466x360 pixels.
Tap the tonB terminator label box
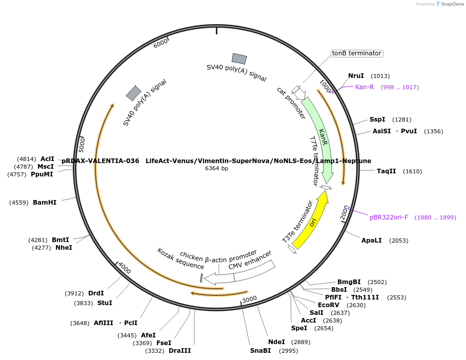[357, 53]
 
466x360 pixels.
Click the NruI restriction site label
[356, 76]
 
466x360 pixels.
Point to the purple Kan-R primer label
[364, 87]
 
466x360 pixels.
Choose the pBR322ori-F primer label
[389, 217]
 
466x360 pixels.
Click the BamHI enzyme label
[45, 203]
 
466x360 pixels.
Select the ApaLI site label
[372, 240]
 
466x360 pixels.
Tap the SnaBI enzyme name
[260, 350]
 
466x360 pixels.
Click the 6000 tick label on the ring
[160, 43]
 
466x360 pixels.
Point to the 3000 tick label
[249, 299]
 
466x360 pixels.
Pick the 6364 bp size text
[216, 168]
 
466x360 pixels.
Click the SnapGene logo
[450, 4]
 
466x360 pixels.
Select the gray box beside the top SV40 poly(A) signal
[239, 58]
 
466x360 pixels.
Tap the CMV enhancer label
[250, 260]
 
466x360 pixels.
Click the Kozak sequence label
[180, 258]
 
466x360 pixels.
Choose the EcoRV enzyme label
[329, 305]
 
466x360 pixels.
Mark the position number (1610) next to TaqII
[413, 171]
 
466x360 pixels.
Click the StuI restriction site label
[105, 303]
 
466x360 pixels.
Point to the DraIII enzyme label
[179, 350]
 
